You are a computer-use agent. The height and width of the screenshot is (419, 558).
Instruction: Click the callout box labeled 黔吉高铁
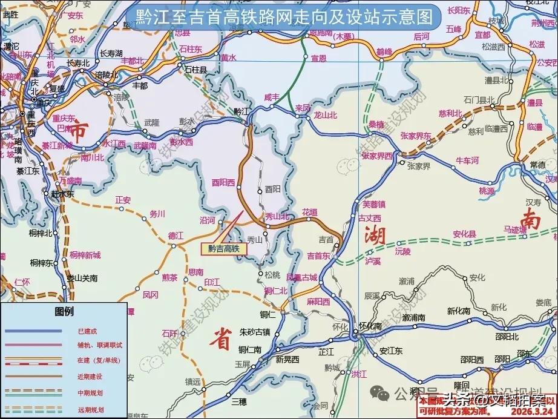[224, 248]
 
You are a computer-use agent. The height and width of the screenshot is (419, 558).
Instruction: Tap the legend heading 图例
[64, 312]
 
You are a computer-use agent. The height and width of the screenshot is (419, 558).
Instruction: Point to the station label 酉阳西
[222, 180]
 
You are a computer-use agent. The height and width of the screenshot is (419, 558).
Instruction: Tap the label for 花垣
[310, 212]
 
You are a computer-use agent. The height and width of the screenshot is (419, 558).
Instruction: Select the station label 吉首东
[318, 256]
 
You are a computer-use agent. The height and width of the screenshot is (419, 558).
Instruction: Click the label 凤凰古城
[301, 277]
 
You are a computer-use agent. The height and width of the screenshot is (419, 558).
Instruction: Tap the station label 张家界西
[376, 156]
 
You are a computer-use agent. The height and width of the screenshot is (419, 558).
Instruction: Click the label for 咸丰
[272, 97]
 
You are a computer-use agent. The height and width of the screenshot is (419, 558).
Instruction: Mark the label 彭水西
[181, 142]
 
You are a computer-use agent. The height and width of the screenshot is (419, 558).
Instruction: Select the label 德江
[176, 235]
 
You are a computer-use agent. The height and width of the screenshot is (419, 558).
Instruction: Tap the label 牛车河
[467, 160]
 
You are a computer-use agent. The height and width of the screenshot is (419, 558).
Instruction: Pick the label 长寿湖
[110, 53]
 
